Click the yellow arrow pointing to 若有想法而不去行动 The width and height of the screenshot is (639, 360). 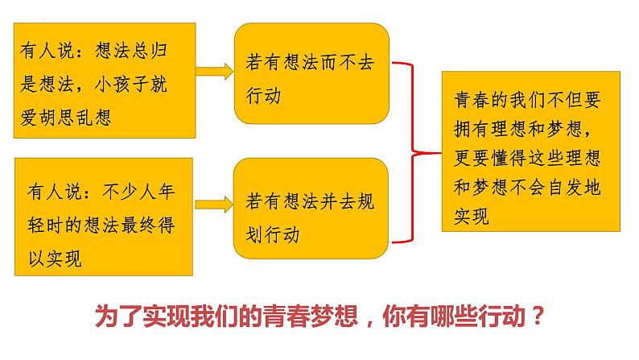tap(214, 72)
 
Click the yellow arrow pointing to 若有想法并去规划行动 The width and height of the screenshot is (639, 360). tap(214, 205)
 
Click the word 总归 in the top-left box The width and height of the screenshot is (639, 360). tap(149, 51)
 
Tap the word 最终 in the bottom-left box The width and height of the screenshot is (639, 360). tap(139, 225)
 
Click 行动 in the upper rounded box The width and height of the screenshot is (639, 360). tap(264, 96)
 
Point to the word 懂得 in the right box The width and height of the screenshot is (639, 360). tap(509, 158)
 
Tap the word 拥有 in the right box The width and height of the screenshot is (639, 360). tap(472, 129)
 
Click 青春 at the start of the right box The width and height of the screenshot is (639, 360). tap(472, 100)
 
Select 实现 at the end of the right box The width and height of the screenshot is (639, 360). tap(472, 217)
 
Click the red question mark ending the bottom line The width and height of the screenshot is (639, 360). tap(538, 315)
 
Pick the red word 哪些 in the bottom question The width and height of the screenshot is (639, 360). tap(454, 316)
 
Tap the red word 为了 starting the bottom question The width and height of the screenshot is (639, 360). tap(118, 316)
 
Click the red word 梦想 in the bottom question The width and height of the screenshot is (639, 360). tap(334, 316)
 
